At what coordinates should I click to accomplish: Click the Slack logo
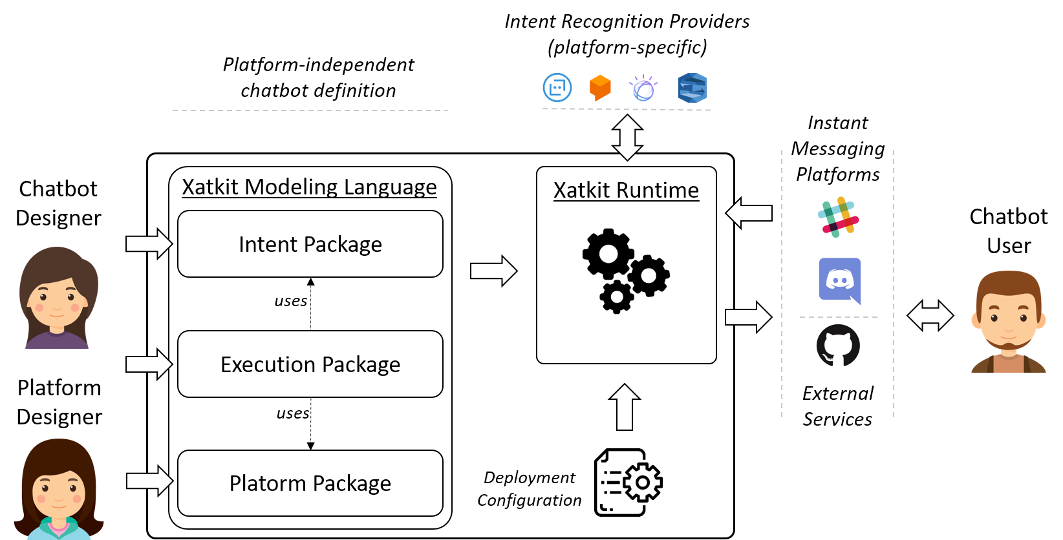pos(838,217)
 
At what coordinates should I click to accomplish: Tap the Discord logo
pos(839,282)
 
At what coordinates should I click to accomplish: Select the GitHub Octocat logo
pos(838,346)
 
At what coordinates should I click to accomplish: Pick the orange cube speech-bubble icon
pos(600,88)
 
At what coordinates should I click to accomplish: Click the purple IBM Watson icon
pos(643,88)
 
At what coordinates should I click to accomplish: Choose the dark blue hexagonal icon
pos(693,88)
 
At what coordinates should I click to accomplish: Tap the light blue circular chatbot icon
pos(557,88)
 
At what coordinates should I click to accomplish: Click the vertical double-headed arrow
pos(627,138)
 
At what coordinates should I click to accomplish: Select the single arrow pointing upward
pos(625,407)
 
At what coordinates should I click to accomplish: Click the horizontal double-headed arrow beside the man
pos(930,316)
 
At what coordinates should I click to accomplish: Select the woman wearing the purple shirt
pos(58,298)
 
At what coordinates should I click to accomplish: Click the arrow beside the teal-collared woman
pos(149,481)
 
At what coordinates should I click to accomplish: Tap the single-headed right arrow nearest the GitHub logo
pos(748,317)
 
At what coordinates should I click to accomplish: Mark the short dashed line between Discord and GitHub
pos(839,317)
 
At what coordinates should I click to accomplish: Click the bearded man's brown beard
pos(1009,346)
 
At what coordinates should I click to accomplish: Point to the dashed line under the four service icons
pos(626,110)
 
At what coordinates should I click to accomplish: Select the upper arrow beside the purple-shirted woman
pos(149,244)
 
